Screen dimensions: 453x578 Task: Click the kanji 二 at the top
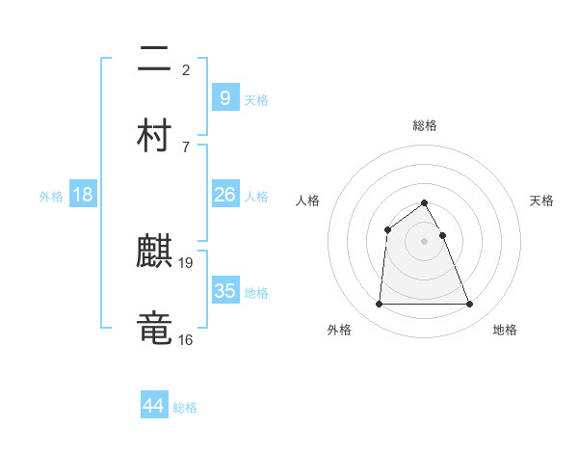click(x=154, y=61)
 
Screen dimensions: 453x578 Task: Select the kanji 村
click(x=154, y=134)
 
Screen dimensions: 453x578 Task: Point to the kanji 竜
click(x=154, y=327)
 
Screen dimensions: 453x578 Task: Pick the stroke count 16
click(x=186, y=339)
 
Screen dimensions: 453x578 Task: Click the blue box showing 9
click(x=224, y=97)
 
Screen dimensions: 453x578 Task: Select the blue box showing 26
click(x=224, y=195)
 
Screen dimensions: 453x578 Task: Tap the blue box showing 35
click(x=224, y=291)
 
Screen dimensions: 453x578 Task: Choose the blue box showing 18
click(x=83, y=195)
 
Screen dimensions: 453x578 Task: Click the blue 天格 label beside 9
click(x=255, y=99)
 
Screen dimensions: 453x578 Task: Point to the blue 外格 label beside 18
click(x=51, y=197)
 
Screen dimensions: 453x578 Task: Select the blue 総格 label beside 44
click(x=185, y=408)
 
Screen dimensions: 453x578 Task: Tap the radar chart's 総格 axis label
click(x=425, y=125)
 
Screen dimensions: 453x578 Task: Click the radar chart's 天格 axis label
click(x=541, y=200)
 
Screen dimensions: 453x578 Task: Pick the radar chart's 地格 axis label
click(x=505, y=330)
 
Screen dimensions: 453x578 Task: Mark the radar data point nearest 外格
click(x=379, y=305)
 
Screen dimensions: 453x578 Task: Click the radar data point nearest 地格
click(x=470, y=305)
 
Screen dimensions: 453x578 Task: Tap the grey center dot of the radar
click(x=425, y=241)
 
